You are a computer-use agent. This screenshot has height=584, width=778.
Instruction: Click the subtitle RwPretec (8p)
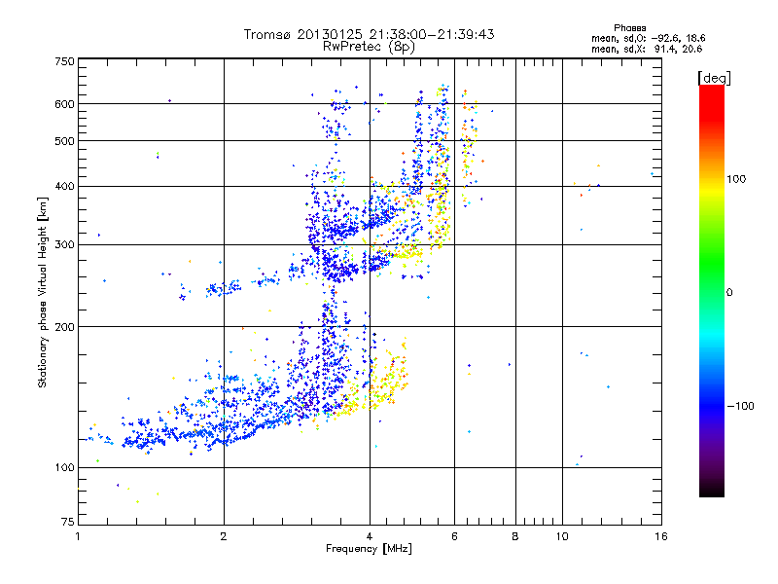pyautogui.click(x=370, y=46)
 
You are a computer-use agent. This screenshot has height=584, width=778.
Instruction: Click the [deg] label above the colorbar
pyautogui.click(x=715, y=77)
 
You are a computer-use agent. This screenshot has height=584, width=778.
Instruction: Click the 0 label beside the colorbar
pyautogui.click(x=731, y=292)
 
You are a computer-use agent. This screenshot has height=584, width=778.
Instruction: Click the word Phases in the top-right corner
pyautogui.click(x=631, y=27)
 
